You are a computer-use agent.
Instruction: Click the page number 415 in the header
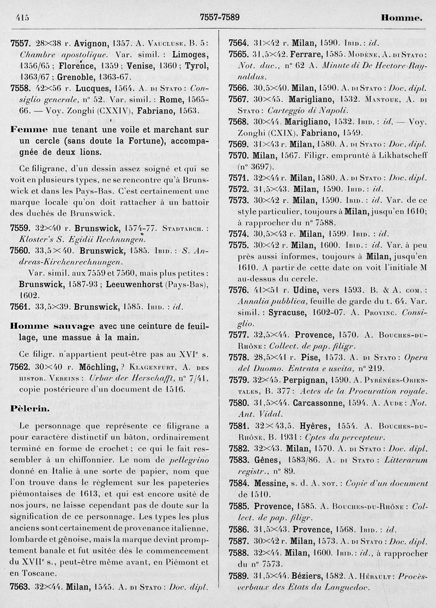point(23,17)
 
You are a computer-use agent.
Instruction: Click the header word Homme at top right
point(402,18)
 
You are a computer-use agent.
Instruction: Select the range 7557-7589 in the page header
point(220,17)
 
